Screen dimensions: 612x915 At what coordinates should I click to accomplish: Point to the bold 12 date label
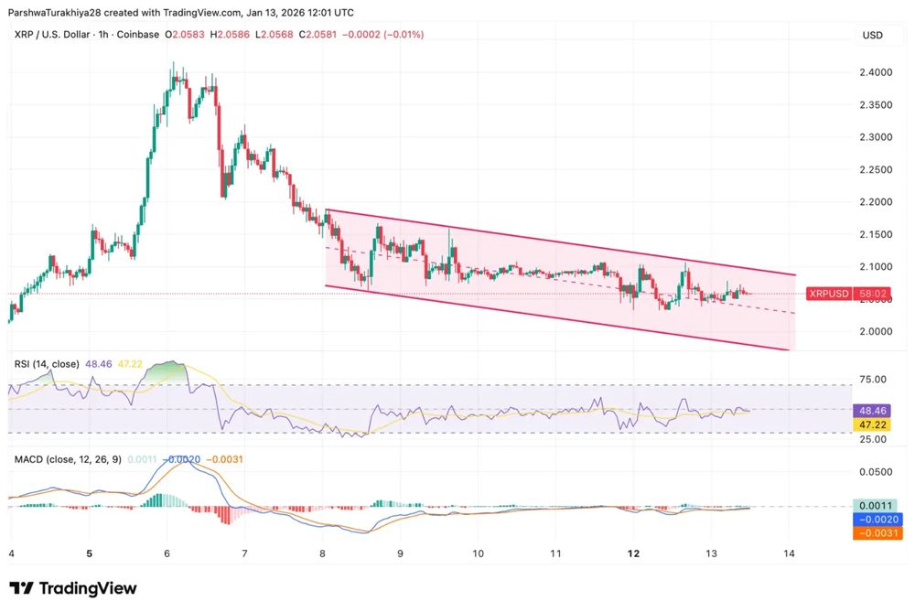(x=632, y=553)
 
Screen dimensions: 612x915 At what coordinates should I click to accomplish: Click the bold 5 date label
(x=89, y=553)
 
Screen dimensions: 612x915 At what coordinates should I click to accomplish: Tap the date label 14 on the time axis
(x=789, y=553)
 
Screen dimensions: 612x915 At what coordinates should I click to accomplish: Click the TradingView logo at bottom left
(x=73, y=588)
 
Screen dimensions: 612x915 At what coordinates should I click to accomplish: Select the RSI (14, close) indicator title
(x=47, y=364)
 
